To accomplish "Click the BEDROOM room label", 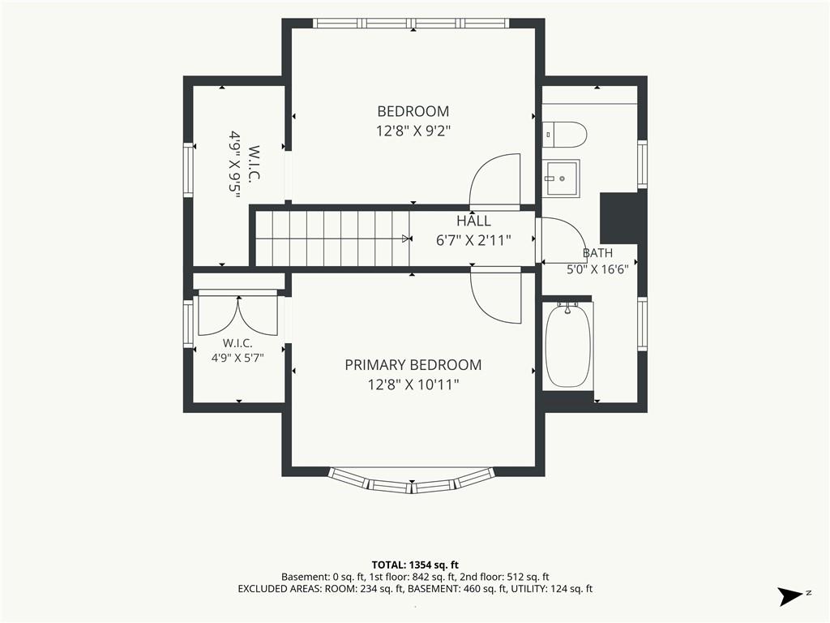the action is pyautogui.click(x=413, y=111).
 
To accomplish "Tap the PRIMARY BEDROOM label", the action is pyautogui.click(x=413, y=365).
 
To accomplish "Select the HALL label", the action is pyautogui.click(x=473, y=221).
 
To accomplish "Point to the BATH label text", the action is pyautogui.click(x=597, y=253).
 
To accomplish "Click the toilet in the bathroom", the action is pyautogui.click(x=564, y=134).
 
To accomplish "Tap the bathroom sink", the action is pyautogui.click(x=561, y=178).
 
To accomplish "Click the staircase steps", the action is pyautogui.click(x=332, y=238).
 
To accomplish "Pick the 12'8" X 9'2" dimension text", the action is pyautogui.click(x=413, y=131).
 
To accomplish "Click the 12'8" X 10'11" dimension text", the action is pyautogui.click(x=413, y=385).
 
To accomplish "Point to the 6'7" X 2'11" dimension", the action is pyautogui.click(x=473, y=240).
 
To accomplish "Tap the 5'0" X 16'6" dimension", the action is pyautogui.click(x=597, y=269).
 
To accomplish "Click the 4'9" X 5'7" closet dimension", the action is pyautogui.click(x=237, y=358).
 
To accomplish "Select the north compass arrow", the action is pyautogui.click(x=790, y=596).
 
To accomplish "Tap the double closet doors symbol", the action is pyautogui.click(x=238, y=316).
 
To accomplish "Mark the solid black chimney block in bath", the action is pyautogui.click(x=619, y=217).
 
